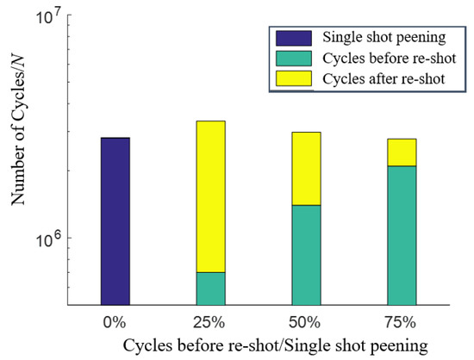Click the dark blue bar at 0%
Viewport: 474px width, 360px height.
click(x=115, y=221)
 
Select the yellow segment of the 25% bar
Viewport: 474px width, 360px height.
click(x=210, y=196)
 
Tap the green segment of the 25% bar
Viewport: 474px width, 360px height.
click(x=210, y=289)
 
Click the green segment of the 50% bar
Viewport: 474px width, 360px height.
click(x=306, y=255)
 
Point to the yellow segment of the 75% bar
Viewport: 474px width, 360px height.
click(x=402, y=152)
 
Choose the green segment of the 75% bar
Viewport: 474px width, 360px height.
click(x=402, y=235)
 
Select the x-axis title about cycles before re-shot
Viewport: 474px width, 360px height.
click(x=275, y=345)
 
